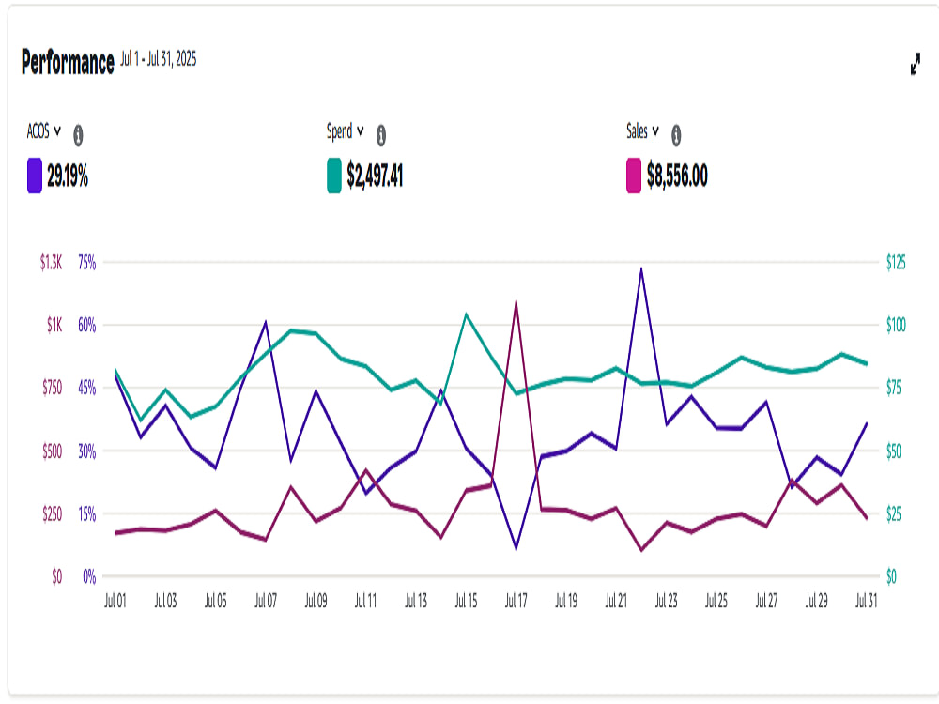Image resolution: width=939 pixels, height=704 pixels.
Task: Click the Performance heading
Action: (x=68, y=62)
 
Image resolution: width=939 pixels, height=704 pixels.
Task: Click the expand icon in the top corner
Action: (x=915, y=64)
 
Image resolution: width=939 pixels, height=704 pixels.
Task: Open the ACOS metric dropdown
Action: (x=44, y=131)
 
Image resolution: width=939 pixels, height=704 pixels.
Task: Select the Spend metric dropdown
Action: (x=345, y=131)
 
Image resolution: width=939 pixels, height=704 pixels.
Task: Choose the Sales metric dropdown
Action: (x=642, y=131)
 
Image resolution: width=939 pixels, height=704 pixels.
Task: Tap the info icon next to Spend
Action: (x=381, y=135)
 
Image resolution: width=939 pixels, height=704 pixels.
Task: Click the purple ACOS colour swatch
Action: (x=34, y=176)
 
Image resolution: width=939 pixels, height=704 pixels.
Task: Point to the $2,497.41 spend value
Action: (x=375, y=176)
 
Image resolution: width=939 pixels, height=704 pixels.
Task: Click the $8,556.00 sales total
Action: (x=677, y=176)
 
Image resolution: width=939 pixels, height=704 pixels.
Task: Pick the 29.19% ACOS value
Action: (x=68, y=176)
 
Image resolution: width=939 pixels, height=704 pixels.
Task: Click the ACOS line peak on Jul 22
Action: (x=641, y=268)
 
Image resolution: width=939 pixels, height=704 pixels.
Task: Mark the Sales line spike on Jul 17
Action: (x=516, y=301)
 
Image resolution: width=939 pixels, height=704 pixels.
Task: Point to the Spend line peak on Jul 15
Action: (x=466, y=314)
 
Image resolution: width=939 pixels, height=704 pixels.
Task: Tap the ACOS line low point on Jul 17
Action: (x=516, y=548)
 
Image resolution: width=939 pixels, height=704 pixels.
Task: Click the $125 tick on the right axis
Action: (x=896, y=262)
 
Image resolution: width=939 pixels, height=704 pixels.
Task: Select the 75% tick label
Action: (x=86, y=262)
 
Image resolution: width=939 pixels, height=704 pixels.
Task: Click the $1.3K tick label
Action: (x=51, y=262)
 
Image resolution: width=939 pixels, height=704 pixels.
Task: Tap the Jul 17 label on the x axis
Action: (x=516, y=601)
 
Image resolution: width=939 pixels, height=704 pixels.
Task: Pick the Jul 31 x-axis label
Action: (x=866, y=601)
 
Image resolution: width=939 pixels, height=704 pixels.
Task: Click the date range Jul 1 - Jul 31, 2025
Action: (x=158, y=58)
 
